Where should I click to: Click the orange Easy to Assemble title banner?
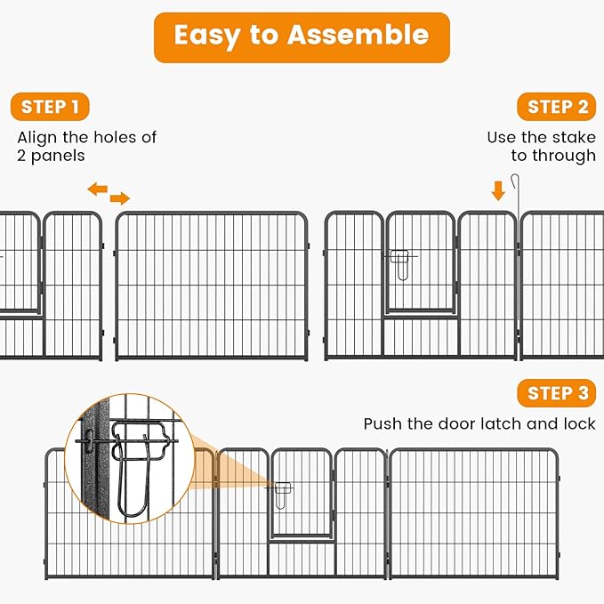[302, 36]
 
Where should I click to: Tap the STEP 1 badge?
[50, 107]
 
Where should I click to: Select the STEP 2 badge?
[557, 107]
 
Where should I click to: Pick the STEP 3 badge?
[557, 393]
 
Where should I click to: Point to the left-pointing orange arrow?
[97, 189]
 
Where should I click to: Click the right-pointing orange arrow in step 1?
[120, 197]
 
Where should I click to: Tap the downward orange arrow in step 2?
[498, 189]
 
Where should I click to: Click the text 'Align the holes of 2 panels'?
[86, 146]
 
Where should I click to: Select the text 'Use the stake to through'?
[541, 146]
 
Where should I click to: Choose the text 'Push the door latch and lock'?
[479, 423]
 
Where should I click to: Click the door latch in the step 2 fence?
[401, 261]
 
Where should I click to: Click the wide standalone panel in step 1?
[212, 286]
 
